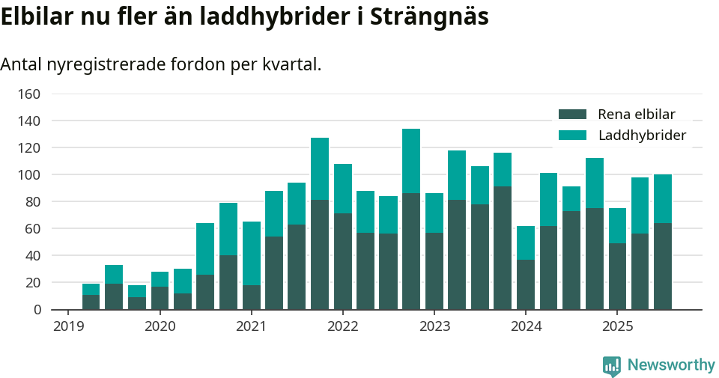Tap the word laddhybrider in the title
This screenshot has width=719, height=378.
pos(267,17)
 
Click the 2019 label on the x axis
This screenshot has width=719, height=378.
pos(68,326)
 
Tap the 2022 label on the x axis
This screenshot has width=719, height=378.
pos(343,326)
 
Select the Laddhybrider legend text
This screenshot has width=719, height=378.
pos(642,135)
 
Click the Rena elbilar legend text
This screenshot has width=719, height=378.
pos(637,115)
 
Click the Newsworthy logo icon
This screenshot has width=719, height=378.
pos(611,365)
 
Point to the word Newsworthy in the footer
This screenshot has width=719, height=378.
pos(671,365)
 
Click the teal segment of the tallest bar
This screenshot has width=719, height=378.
pos(411,161)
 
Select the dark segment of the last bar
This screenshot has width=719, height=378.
pos(663,266)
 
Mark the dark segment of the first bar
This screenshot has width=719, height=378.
pos(91,302)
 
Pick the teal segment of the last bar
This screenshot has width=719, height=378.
pos(663,198)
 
